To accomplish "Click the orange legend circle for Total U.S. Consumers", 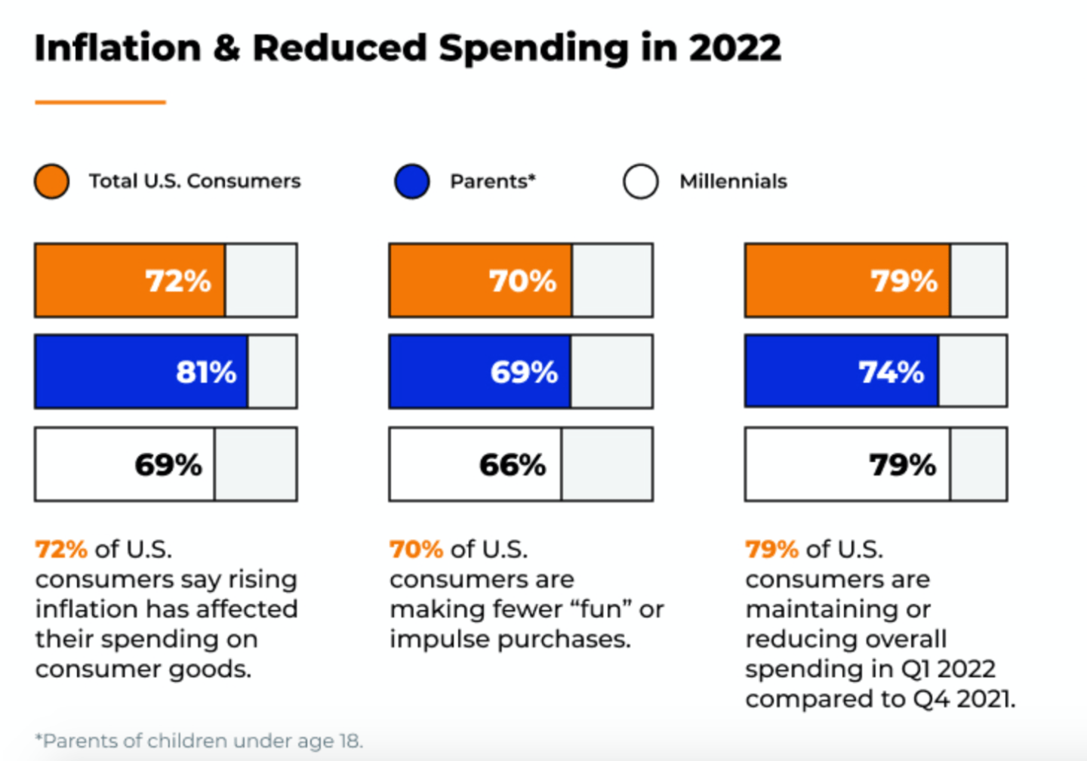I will [52, 182].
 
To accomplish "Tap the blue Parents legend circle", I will [412, 182].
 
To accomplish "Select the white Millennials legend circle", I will [641, 182].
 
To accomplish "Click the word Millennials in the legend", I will [733, 182].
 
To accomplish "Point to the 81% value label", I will [206, 372].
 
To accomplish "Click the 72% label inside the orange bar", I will [178, 281].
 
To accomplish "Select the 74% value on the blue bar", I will [891, 372].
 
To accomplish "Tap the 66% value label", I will [513, 465].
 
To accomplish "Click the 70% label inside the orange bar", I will [522, 281].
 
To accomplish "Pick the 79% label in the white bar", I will [903, 465].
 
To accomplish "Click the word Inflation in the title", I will [118, 48].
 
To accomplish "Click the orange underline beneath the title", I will [100, 102].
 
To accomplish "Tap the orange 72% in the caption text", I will [61, 549].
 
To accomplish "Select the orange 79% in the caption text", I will [771, 549].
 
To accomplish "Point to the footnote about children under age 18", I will [199, 741].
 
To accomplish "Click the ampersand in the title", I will [226, 48].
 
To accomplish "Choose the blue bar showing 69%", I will [480, 372].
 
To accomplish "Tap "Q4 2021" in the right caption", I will [962, 699].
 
